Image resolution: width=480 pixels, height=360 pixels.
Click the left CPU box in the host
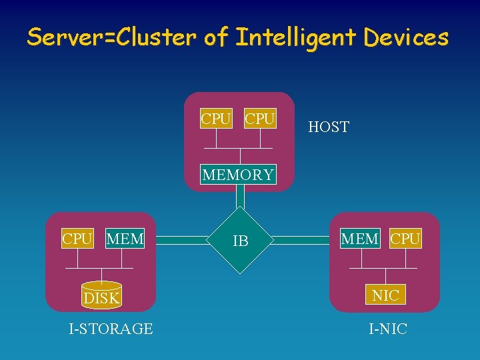216,119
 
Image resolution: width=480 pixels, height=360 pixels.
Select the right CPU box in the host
260,119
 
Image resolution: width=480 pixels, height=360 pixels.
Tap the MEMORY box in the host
238,175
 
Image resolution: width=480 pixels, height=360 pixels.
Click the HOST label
329,127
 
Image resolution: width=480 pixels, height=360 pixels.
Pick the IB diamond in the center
240,241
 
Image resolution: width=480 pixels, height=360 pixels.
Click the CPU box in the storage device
77,239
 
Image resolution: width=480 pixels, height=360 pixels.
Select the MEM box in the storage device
125,239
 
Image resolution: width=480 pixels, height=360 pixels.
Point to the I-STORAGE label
111,329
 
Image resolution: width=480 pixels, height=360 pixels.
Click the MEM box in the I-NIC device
360,239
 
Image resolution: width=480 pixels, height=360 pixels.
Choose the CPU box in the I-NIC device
405,239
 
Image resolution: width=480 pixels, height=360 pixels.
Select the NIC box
385,295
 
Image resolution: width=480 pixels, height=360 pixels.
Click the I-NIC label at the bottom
388,329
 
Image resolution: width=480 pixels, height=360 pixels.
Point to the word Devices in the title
406,38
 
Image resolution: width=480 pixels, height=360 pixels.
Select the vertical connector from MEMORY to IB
240,198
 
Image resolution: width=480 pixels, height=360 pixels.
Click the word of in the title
215,38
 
